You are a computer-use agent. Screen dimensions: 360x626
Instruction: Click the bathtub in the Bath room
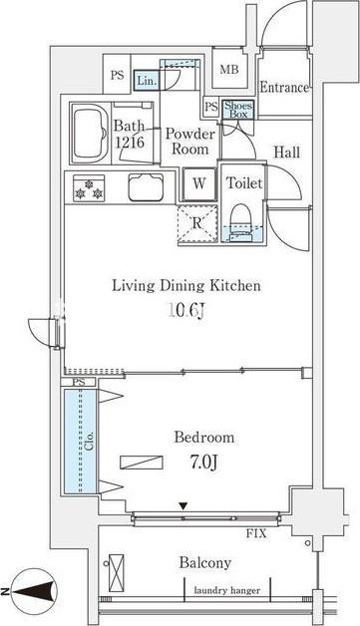pos(90,133)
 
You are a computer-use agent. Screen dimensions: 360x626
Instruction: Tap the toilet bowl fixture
pos(241,222)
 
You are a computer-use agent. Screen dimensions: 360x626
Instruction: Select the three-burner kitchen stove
pos(89,188)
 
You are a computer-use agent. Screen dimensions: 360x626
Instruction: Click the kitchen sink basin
pos(146,186)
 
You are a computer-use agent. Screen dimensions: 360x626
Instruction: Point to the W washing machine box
pos(199,184)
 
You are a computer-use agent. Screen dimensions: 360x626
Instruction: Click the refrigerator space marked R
pos(197,223)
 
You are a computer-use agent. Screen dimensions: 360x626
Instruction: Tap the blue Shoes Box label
pos(238,110)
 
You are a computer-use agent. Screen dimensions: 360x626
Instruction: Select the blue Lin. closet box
pos(147,81)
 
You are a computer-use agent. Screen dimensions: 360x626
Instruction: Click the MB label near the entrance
pos(229,70)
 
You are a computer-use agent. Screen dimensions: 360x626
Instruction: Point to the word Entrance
pos(284,87)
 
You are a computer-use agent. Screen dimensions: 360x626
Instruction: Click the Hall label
pos(286,153)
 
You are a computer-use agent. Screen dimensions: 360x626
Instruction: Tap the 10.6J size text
pos(187,311)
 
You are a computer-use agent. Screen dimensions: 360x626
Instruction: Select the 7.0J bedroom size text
pos(203,463)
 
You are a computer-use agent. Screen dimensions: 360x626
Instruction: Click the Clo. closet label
pos(90,441)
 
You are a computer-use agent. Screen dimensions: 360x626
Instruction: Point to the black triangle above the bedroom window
pos(183,506)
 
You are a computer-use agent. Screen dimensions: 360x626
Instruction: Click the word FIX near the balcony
pos(256,533)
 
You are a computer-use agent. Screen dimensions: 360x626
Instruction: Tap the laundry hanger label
pos(227,590)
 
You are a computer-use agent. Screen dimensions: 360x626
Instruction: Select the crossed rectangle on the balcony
pos(117,573)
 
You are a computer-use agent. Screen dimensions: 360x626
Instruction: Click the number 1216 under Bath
pos(130,143)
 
